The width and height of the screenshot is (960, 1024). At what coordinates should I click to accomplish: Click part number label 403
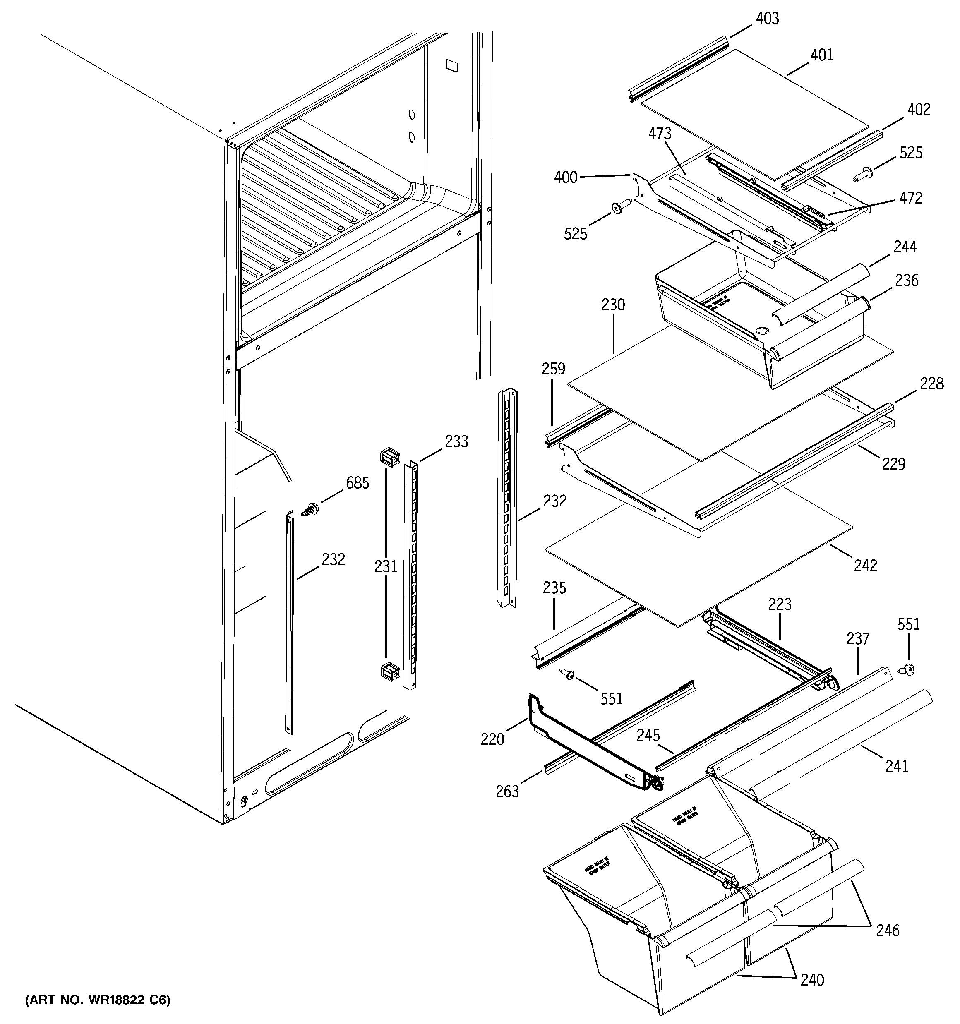click(x=767, y=19)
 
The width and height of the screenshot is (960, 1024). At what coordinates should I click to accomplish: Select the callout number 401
click(x=821, y=55)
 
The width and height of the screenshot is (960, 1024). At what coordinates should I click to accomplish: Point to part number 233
click(x=456, y=441)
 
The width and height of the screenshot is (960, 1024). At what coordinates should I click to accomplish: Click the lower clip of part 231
click(x=389, y=672)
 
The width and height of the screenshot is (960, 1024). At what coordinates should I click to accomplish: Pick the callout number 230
click(x=613, y=305)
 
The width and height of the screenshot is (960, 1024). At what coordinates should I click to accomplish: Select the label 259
click(x=553, y=369)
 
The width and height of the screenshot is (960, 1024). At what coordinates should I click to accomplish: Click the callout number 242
click(x=865, y=566)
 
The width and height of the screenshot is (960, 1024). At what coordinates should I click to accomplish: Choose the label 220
click(x=492, y=740)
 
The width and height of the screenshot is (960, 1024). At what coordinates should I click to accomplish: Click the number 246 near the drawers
click(x=887, y=930)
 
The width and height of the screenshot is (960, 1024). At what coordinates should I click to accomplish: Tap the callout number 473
click(x=660, y=134)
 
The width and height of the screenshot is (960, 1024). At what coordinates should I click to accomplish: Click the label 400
click(x=565, y=178)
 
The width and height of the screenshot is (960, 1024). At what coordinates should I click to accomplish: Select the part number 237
click(x=857, y=639)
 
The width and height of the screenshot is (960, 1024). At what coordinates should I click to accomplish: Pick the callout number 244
click(x=905, y=247)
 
